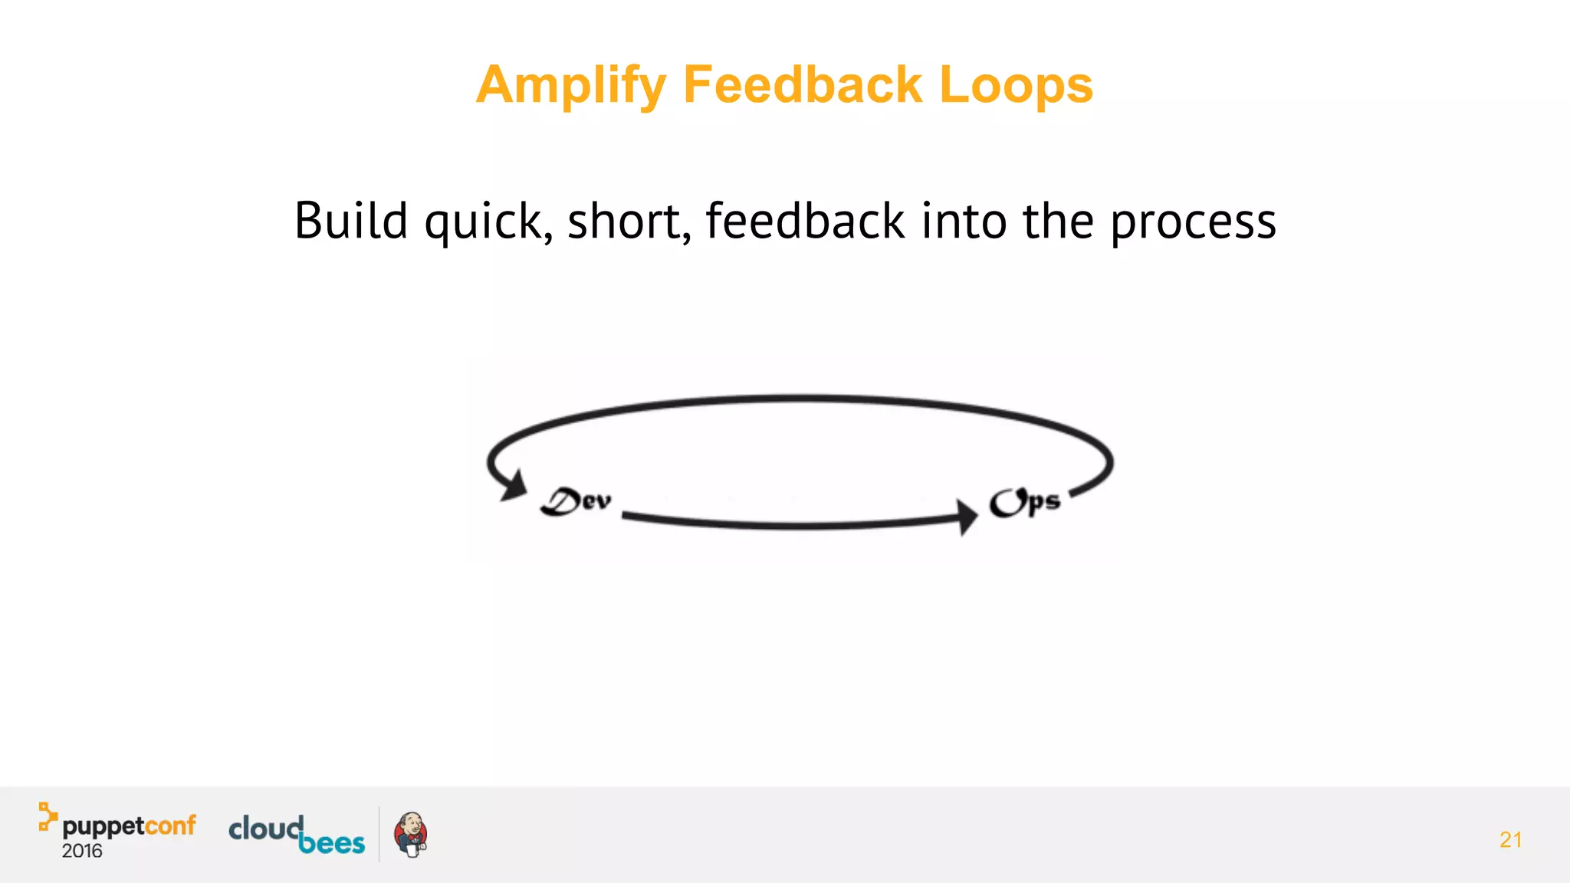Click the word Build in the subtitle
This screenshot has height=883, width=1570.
click(351, 222)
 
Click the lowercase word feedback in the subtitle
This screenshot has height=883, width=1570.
click(805, 222)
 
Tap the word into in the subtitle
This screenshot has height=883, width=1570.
click(964, 222)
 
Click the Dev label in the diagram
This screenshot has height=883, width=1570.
click(576, 501)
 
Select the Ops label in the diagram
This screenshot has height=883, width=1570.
click(1024, 502)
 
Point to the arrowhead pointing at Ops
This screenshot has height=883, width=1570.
click(967, 517)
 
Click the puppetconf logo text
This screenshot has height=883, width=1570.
click(129, 826)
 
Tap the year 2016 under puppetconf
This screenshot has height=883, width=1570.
click(82, 852)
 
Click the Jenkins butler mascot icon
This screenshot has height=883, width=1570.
click(411, 835)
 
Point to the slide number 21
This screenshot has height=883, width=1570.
click(1510, 840)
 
